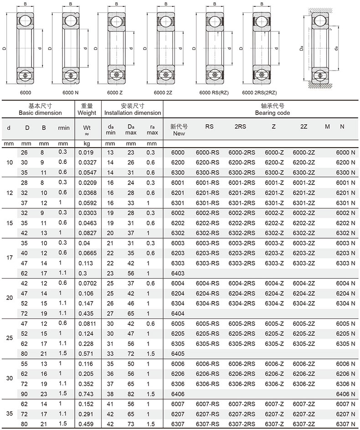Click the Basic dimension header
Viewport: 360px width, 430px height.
tap(40, 113)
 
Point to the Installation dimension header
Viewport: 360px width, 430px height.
tap(133, 113)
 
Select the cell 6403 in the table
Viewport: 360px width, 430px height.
tap(178, 273)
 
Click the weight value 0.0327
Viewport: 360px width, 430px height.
tap(87, 163)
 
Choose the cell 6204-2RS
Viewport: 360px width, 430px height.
tap(242, 293)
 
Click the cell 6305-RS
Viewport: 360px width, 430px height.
tap(207, 343)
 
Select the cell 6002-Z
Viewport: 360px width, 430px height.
tap(274, 213)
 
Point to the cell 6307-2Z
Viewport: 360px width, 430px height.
tap(304, 424)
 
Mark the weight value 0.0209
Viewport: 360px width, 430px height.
tap(87, 183)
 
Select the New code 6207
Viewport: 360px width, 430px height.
tap(178, 414)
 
